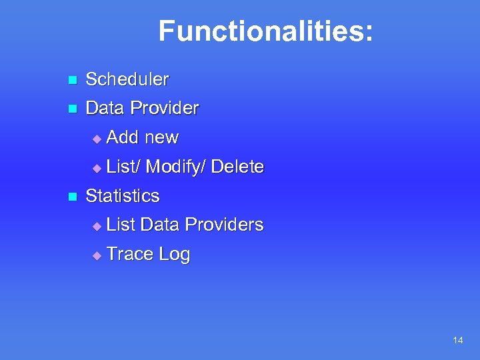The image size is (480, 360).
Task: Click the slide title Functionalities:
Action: pos(265,31)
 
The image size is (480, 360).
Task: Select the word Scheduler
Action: pos(127,79)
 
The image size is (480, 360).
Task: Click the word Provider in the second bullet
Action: pos(165,108)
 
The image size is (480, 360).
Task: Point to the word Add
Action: pos(122,137)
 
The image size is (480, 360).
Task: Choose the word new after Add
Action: pos(162,137)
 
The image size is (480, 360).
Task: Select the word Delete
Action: pos(237,167)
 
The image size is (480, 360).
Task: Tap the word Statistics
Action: pos(123,196)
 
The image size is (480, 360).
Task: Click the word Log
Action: pos(175,255)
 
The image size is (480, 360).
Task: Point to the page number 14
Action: pos(457,341)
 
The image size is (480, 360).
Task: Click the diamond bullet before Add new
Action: pos(97,139)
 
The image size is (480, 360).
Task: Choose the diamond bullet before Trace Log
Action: pos(97,255)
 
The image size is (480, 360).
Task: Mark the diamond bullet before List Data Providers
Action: pos(97,227)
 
